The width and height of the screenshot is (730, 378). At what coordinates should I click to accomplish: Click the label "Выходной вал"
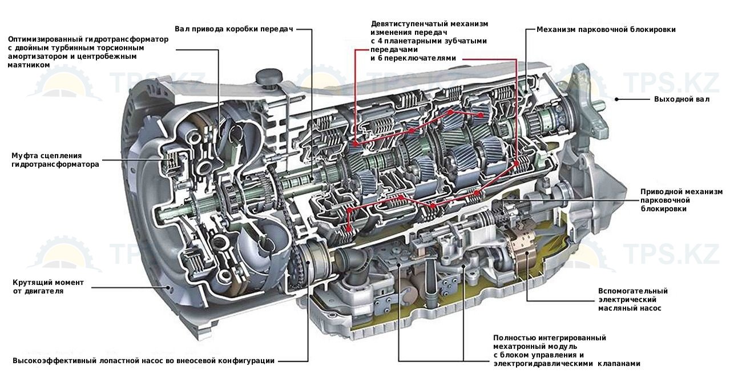681,99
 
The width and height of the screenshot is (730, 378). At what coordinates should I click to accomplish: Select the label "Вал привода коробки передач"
234,29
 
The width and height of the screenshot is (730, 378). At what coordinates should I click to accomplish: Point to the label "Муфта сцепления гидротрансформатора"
55,160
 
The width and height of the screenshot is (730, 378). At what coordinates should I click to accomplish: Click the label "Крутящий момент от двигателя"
48,287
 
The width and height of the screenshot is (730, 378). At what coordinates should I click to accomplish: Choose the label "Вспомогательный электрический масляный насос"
632,299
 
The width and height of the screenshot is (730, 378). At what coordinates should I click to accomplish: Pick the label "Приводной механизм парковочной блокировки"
681,200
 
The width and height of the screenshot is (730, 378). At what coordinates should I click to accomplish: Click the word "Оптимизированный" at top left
45,39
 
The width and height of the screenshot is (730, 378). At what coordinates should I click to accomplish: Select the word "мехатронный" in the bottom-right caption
517,347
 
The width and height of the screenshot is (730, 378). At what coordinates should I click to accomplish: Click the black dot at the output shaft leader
616,99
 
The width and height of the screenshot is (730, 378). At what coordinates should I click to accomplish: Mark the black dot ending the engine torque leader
170,287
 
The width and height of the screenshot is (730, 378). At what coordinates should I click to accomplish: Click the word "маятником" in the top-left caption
29,65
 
